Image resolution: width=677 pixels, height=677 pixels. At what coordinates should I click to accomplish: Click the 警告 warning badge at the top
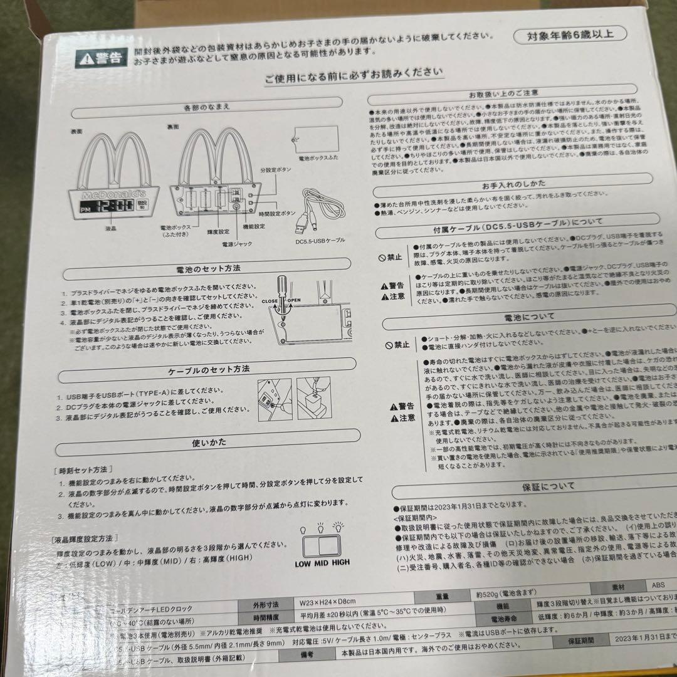click(100, 59)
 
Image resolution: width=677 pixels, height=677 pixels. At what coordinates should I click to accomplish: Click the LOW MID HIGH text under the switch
click(322, 562)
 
